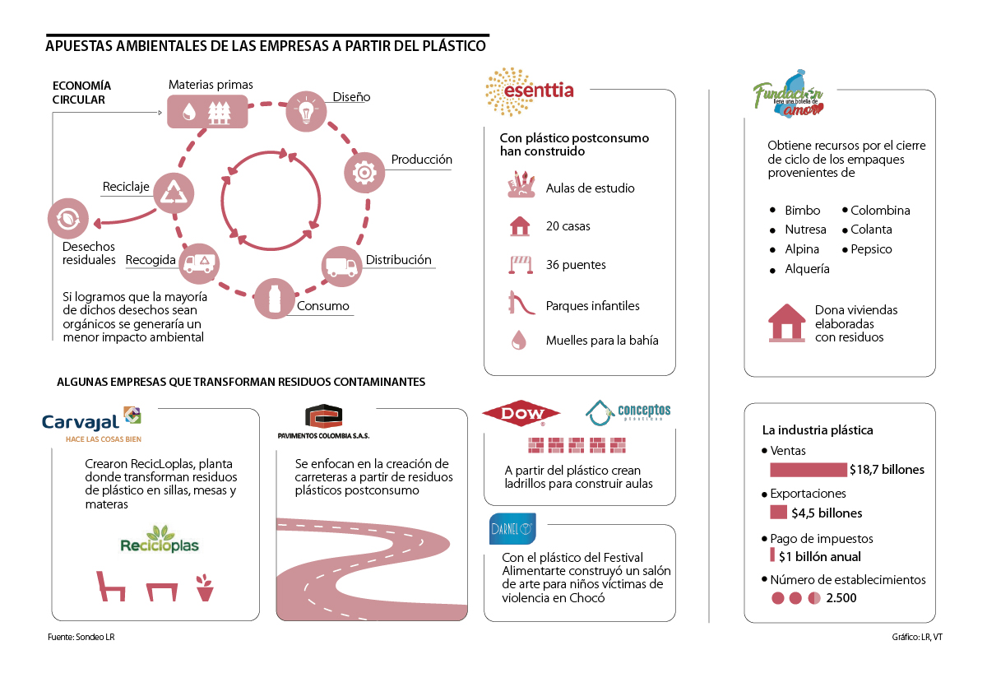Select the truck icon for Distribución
point(341,267)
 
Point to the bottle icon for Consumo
point(274,299)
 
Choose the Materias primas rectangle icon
point(207,111)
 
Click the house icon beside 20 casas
point(520,225)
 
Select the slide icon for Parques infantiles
point(520,304)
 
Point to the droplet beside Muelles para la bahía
point(519,340)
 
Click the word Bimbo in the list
point(802,211)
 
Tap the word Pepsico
point(871,249)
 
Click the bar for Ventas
point(808,470)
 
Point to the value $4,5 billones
point(827,513)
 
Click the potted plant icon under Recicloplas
point(205,588)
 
